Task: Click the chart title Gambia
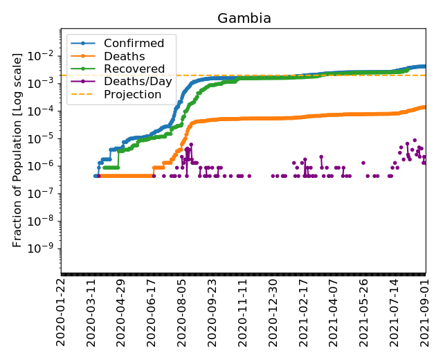(244, 19)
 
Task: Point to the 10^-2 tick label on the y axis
(43, 55)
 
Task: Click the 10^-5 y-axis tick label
(43, 138)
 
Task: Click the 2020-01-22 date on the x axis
(61, 312)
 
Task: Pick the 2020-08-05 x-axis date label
(182, 312)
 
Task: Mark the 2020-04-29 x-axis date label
(122, 312)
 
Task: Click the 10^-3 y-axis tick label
(43, 83)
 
